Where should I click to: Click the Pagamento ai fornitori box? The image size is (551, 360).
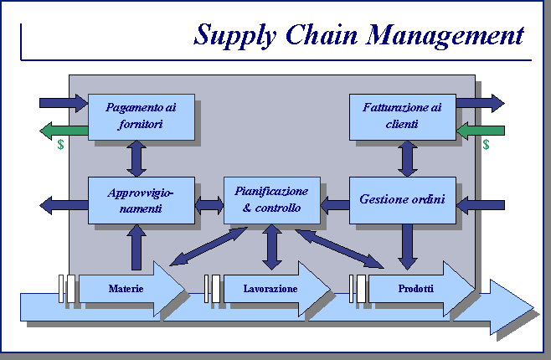click(141, 116)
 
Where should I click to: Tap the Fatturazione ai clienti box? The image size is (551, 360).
click(402, 116)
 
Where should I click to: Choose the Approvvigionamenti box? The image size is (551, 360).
click(141, 200)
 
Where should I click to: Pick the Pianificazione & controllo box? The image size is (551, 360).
click(270, 200)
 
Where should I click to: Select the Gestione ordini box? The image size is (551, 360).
click(402, 200)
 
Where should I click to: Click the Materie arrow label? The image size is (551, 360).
click(126, 289)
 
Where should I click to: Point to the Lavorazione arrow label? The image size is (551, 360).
click(270, 289)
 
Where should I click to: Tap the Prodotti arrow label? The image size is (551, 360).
click(416, 289)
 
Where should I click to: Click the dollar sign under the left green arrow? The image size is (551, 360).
click(60, 145)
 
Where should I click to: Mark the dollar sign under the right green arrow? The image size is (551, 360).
click(486, 145)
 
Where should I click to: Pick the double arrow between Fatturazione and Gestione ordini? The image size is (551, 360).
click(408, 157)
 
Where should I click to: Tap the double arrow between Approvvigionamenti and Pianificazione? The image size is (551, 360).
click(209, 203)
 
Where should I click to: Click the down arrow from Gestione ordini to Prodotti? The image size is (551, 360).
click(408, 246)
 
